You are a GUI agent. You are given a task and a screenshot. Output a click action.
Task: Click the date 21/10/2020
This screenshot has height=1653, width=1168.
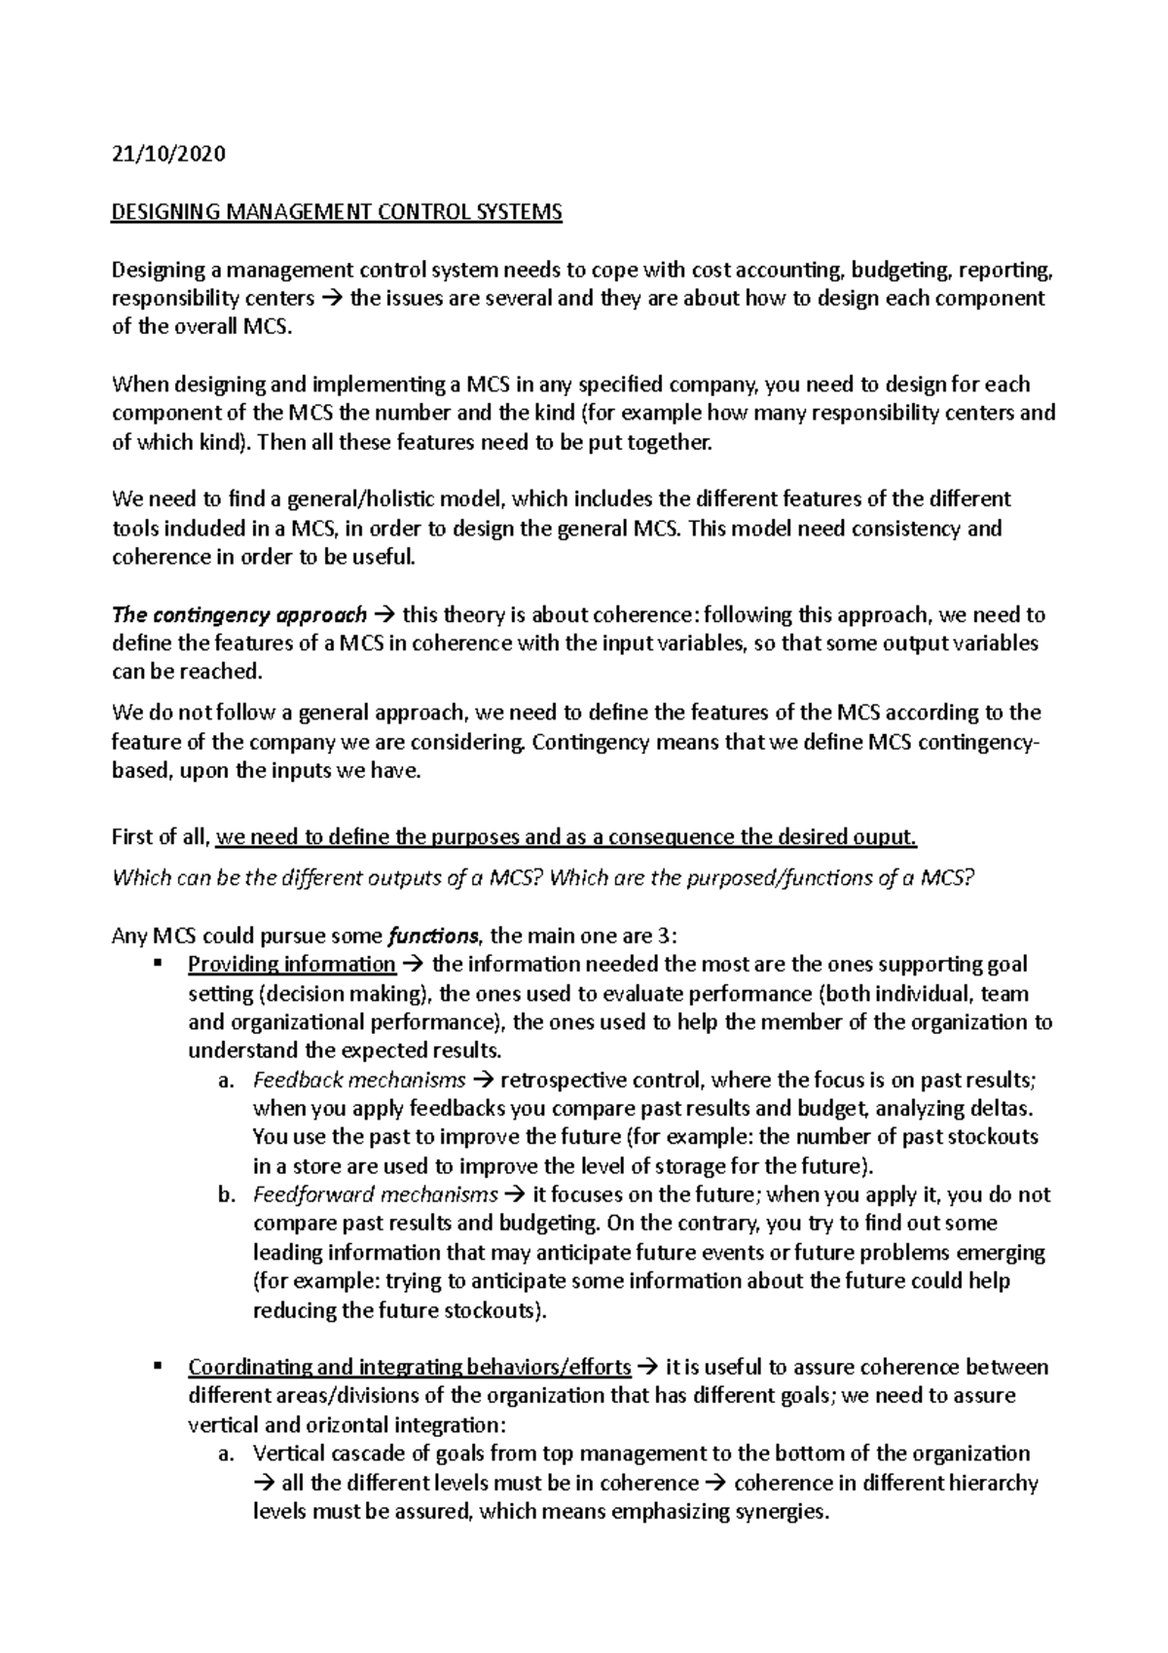[x=168, y=154]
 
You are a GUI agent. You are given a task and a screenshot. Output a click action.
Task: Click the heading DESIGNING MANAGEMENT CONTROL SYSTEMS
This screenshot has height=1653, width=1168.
[x=337, y=212]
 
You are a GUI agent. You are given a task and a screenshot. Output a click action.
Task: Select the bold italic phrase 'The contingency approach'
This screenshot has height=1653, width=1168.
[x=239, y=615]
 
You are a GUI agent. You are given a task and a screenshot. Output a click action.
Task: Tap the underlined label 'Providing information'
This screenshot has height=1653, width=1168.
[x=291, y=965]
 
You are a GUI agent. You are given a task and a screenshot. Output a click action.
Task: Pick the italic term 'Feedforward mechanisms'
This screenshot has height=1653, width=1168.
[x=375, y=1194]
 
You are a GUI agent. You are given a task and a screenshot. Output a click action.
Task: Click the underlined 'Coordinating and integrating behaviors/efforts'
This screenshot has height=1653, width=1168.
[x=409, y=1367]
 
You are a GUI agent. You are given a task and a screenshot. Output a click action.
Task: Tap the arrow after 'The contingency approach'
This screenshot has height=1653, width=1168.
[x=383, y=615]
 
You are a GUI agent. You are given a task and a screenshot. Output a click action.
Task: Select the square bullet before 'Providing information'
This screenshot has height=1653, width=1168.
[x=157, y=965]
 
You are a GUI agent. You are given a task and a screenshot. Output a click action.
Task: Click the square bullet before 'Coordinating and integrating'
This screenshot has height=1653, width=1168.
[x=157, y=1367]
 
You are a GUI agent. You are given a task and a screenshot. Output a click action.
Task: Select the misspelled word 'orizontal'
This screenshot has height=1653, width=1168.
[x=348, y=1425]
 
